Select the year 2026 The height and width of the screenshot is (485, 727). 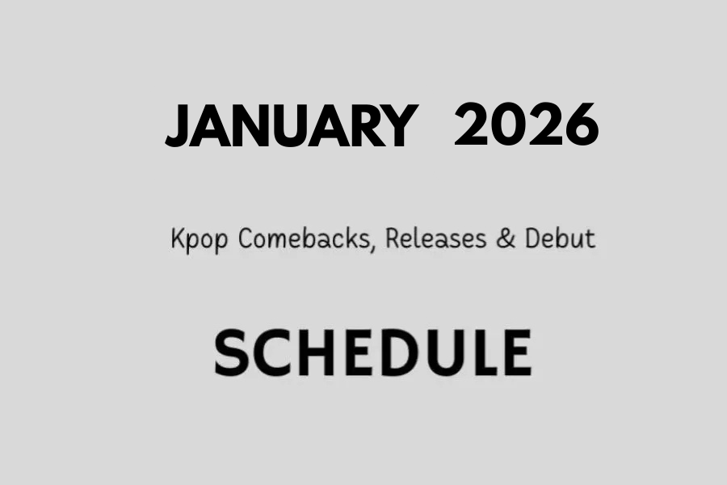(x=526, y=125)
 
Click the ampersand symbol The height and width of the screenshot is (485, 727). (x=506, y=238)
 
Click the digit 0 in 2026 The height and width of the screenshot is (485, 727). (x=508, y=125)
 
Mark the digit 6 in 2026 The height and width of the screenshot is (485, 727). (x=581, y=125)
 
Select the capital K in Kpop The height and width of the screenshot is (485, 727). (x=178, y=238)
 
